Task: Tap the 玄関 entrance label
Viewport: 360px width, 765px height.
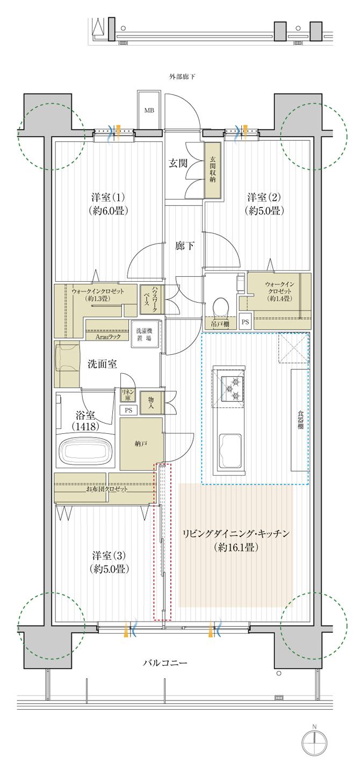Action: [179, 163]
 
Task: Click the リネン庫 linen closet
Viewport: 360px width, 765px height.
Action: [128, 396]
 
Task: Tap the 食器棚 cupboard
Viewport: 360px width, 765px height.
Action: [300, 419]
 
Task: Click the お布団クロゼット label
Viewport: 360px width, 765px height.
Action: [107, 489]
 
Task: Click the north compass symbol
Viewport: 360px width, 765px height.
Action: [314, 744]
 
